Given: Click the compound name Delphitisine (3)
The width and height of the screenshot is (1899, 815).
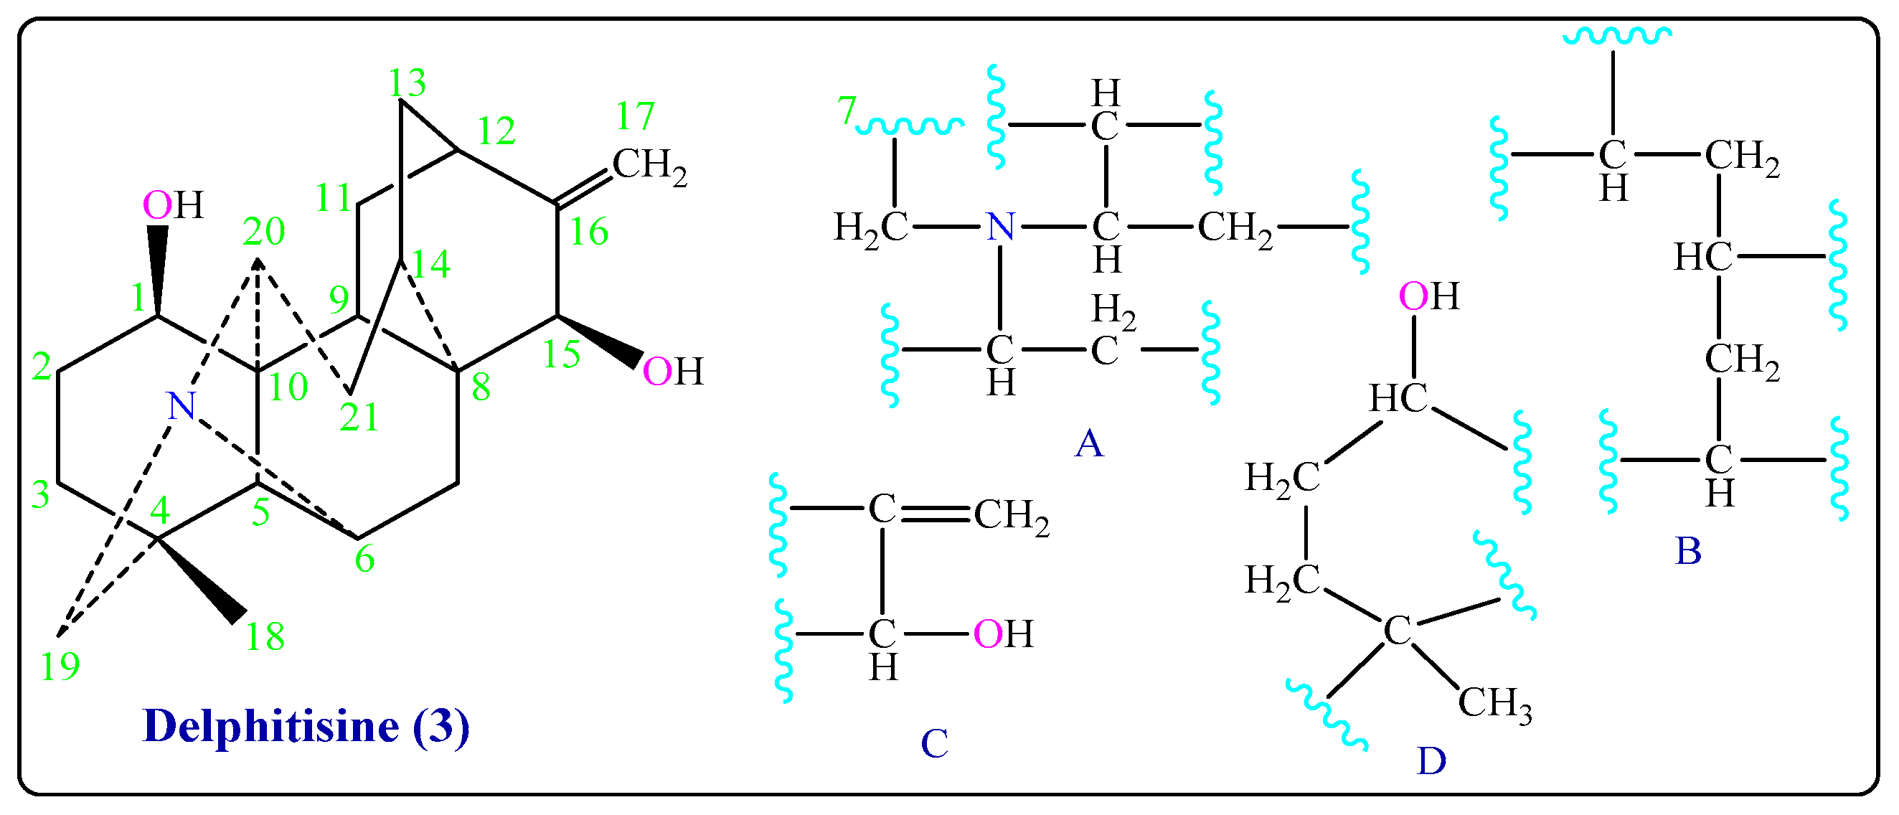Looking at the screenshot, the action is click(305, 727).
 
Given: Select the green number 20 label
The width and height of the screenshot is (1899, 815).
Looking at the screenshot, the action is click(263, 232).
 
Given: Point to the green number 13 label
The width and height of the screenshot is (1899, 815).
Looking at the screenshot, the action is click(407, 83).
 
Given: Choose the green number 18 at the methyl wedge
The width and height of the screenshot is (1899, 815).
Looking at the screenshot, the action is click(265, 636).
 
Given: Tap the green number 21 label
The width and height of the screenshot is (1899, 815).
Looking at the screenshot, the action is click(359, 418).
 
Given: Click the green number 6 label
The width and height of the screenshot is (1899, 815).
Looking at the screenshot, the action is click(364, 560).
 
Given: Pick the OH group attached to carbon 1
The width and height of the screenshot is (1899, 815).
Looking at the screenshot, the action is click(172, 206).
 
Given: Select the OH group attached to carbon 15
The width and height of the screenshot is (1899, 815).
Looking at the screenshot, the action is click(672, 372).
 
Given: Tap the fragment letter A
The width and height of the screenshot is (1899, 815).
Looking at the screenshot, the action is click(1089, 444).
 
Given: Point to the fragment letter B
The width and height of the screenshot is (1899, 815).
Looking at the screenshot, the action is click(1687, 550).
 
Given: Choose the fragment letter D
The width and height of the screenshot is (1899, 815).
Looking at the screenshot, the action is click(1431, 761).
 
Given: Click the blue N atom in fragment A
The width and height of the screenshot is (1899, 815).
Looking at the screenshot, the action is click(1000, 227).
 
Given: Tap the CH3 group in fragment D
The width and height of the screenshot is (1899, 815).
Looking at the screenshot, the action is click(1494, 704).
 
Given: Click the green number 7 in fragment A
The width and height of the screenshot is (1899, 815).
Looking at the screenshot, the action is click(847, 111).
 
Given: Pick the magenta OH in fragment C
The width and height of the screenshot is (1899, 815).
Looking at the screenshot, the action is click(1002, 634).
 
